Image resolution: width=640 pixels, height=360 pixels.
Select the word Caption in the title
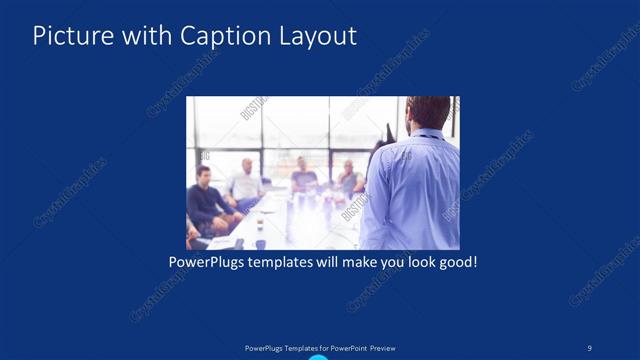pos(219,36)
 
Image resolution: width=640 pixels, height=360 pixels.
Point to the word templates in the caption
pos(289,263)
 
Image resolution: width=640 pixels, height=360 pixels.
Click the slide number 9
pos(589,347)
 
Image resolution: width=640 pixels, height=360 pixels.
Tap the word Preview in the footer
pos(390,348)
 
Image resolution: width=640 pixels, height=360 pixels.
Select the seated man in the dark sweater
pos(204,195)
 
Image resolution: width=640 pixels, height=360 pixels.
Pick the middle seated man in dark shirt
pos(303,174)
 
